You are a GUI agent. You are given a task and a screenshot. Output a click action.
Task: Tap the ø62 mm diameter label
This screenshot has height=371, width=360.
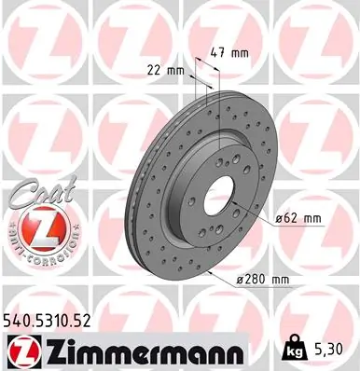(298, 218)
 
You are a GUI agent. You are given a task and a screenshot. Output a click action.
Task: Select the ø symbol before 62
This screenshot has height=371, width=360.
(281, 218)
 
